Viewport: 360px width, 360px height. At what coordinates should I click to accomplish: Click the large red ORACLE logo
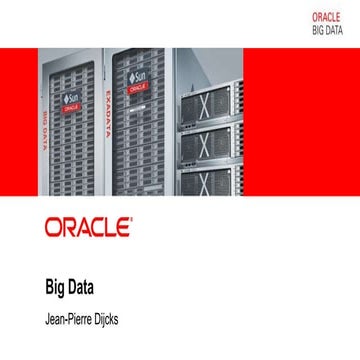point(88,225)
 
